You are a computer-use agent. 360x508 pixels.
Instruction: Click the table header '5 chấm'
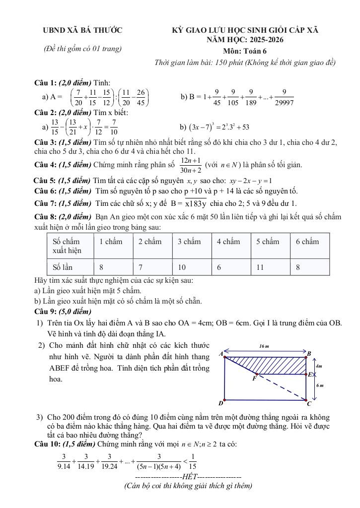click(268, 242)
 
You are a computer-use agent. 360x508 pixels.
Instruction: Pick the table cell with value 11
click(260, 267)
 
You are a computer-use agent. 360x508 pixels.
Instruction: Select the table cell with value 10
click(182, 267)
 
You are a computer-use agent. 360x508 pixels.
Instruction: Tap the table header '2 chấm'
click(150, 242)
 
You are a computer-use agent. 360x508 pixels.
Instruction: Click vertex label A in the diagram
click(220, 354)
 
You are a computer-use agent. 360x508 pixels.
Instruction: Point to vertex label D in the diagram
click(221, 403)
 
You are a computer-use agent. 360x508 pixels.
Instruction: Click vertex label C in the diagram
click(309, 403)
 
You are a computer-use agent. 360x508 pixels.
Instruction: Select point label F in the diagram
click(254, 379)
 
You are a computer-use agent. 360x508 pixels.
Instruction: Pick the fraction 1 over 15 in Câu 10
click(193, 462)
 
